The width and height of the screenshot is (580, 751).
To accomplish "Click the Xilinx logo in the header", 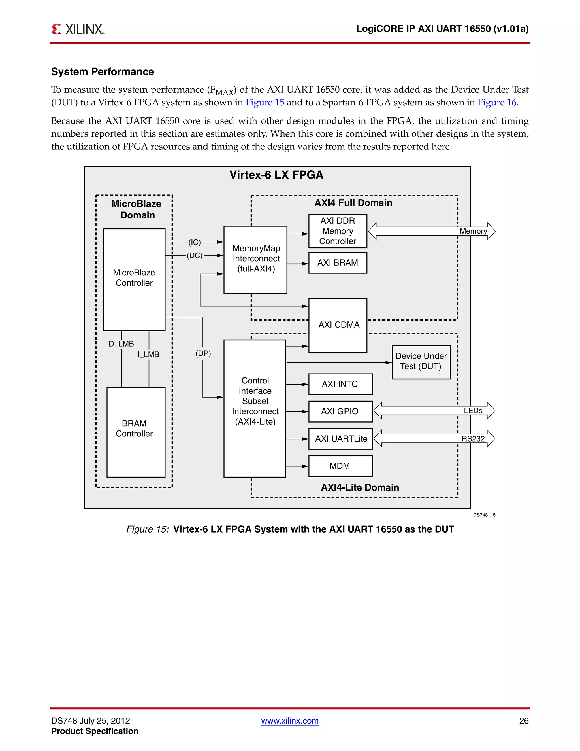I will click(78, 29).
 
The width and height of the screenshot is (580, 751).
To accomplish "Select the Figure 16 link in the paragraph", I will click(497, 103).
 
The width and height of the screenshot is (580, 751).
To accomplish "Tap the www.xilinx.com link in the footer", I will click(290, 721).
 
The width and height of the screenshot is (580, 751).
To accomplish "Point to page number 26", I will click(524, 721).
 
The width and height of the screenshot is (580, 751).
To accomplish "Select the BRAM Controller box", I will click(136, 432).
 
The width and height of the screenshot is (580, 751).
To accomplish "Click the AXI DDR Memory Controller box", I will click(338, 231).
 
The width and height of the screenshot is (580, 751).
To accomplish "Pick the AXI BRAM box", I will click(338, 263).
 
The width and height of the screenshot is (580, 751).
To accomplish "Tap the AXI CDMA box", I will click(338, 325).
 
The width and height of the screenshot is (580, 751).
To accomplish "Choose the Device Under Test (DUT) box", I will click(421, 362).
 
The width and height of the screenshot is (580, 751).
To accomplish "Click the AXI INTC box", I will click(340, 384).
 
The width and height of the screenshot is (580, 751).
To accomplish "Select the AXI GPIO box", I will click(340, 411).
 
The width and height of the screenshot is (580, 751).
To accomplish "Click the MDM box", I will click(340, 466).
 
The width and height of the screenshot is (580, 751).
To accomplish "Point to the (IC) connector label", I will click(195, 242).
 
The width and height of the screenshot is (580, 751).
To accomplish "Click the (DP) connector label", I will click(203, 353).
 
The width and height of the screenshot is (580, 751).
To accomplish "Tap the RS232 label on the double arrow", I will click(473, 438).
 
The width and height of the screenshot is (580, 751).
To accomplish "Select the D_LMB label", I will click(121, 344).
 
